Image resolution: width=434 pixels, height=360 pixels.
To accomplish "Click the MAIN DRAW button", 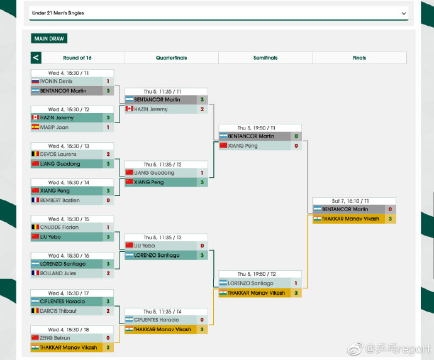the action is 49,38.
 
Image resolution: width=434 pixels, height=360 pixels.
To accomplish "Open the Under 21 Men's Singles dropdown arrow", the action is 404,13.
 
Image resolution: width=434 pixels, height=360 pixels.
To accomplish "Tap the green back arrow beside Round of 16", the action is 36,58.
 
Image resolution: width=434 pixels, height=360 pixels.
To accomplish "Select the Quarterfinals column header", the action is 171,58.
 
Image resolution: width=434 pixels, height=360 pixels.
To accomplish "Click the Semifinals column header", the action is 265,58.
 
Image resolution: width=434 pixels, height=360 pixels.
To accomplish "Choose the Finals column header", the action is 359,58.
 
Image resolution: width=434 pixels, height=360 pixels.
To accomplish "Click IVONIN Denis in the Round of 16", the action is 56,81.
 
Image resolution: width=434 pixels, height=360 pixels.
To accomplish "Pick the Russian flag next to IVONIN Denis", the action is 35,81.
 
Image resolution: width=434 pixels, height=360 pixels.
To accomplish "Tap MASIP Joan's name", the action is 54,127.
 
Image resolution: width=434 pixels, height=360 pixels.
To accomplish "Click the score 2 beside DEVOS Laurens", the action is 108,154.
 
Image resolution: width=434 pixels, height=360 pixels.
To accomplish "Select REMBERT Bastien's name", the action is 60,200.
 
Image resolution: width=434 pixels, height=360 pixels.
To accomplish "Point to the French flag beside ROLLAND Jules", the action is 35,273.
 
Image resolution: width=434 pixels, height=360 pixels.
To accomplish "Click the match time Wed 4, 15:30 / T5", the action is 69,219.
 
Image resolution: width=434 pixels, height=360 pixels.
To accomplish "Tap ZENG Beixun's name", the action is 55,337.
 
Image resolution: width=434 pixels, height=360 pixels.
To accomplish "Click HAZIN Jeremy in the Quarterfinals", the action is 151,109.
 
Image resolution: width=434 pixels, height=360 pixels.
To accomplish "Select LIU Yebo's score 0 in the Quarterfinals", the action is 202,246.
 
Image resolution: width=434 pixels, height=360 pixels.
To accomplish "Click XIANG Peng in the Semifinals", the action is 243,146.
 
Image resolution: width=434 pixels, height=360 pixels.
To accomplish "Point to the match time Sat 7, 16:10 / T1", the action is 350,201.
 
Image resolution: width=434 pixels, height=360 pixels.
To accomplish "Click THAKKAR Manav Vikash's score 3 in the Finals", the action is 390,219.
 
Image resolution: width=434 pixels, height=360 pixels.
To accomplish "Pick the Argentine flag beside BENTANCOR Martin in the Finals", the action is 317,209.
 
